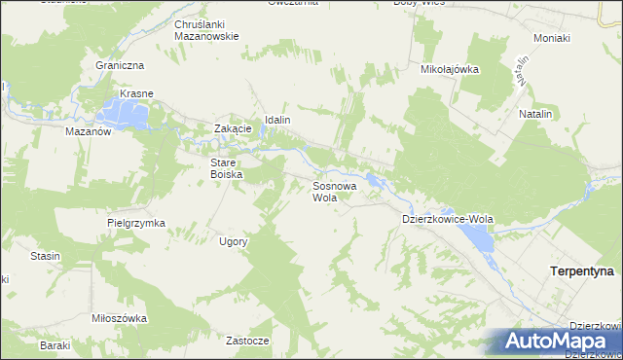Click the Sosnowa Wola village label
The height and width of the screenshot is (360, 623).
pyautogui.click(x=334, y=190)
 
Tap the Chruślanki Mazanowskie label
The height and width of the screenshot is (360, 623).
pyautogui.click(x=206, y=29)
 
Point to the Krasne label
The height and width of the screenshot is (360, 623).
pyautogui.click(x=136, y=94)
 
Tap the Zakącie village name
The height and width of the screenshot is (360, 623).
pyautogui.click(x=234, y=128)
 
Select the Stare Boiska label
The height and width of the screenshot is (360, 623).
pyautogui.click(x=225, y=168)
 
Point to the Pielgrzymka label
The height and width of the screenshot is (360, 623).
pyautogui.click(x=136, y=223)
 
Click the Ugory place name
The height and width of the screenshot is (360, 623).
pyautogui.click(x=234, y=241)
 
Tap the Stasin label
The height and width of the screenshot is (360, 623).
pyautogui.click(x=45, y=256)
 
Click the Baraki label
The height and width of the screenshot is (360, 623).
pyautogui.click(x=55, y=345)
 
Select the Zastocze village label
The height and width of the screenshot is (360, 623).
pyautogui.click(x=246, y=342)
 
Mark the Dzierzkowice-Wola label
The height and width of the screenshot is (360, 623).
pyautogui.click(x=448, y=220)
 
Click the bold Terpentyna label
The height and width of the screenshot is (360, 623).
pyautogui.click(x=581, y=272)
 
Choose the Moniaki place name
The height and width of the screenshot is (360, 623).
pyautogui.click(x=551, y=38)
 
